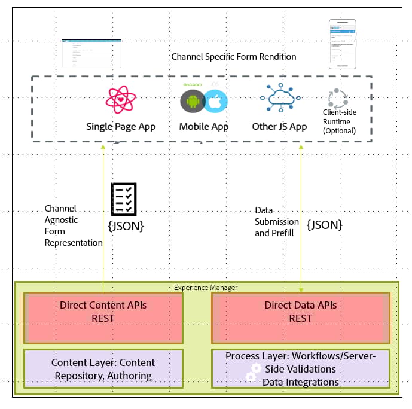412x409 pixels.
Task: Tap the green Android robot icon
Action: [192, 102]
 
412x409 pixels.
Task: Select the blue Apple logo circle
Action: [215, 101]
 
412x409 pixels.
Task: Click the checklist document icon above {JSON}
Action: [124, 200]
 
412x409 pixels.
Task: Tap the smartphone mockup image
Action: [342, 44]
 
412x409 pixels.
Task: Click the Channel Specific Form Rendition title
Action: [234, 57]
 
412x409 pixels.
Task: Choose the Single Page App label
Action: [121, 127]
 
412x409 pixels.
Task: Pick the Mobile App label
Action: [203, 127]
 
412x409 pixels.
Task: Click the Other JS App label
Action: [279, 127]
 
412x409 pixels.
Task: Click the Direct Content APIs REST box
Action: [103, 318]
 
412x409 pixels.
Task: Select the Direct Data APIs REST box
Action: [300, 318]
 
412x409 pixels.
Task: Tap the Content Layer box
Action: [103, 369]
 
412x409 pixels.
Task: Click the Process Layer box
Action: [300, 369]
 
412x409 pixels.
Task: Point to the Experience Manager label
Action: [206, 288]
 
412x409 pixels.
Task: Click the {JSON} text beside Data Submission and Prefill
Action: [324, 225]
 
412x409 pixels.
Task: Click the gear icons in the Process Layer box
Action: [252, 373]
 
